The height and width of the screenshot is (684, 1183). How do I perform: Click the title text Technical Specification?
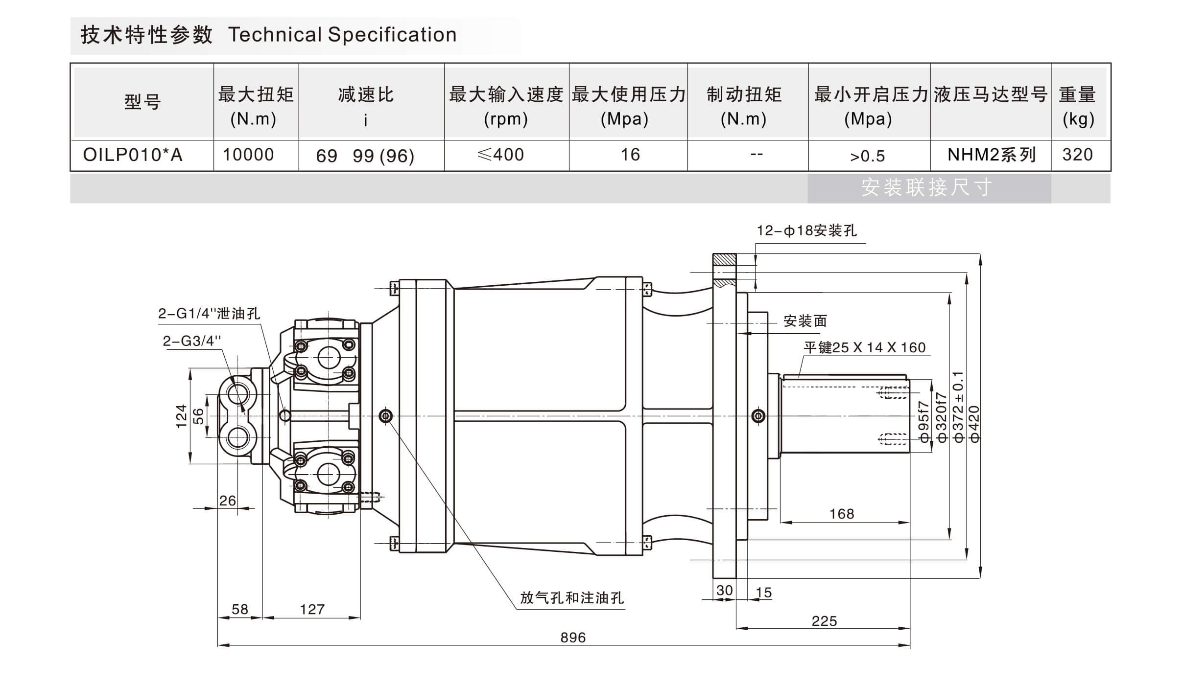pos(342,35)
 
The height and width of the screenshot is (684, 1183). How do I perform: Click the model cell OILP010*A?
pos(133,155)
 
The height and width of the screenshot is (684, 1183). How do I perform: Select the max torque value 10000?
pos(248,155)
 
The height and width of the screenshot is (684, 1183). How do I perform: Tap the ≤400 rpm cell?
pos(500,155)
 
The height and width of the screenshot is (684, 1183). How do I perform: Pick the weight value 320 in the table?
pos(1077,155)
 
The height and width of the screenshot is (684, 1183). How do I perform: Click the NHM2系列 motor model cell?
pos(992,155)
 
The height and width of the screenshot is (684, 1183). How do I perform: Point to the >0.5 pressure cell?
pos(867,156)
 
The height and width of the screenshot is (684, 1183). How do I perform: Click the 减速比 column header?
pos(366,95)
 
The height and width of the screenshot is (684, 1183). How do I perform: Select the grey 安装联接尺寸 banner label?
pos(927,187)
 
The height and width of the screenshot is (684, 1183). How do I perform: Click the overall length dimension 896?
pos(573,638)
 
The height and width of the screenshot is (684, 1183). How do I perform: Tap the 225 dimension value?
pos(824,621)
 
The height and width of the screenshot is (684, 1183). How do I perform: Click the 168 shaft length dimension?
pos(842,514)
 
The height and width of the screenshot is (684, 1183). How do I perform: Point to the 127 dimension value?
pos(312,609)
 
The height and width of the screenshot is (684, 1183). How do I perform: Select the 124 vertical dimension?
pos(182,416)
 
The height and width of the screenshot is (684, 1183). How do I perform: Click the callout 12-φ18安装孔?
pos(806,230)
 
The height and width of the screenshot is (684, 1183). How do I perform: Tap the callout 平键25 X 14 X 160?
pos(864,347)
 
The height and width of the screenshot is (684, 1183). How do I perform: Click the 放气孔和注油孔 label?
pos(571,598)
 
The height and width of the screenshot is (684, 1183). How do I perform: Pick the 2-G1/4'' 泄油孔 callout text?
pos(209,314)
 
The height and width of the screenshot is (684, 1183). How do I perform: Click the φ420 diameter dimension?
pos(974,424)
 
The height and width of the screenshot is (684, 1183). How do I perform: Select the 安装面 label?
pos(805,321)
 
